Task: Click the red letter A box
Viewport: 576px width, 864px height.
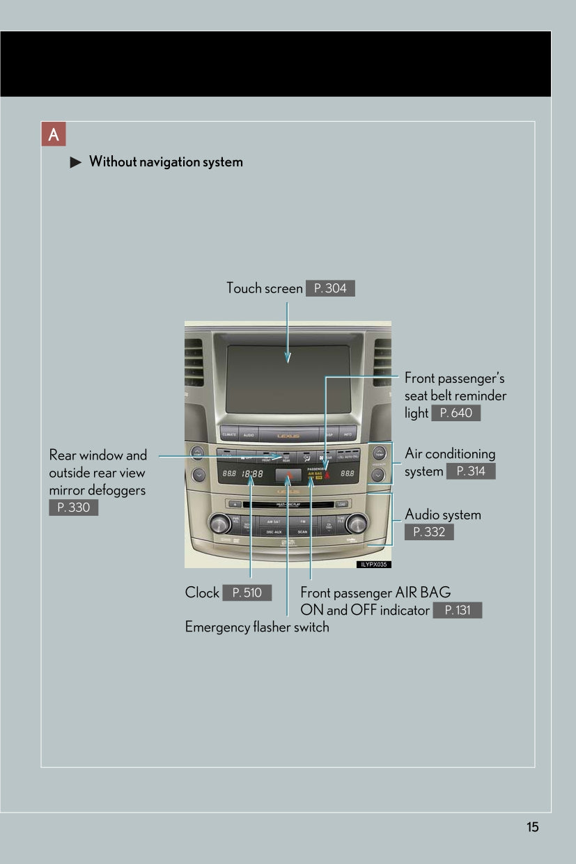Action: click(54, 134)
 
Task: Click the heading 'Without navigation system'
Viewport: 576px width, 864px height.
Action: click(166, 162)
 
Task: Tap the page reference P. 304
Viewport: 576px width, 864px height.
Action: click(330, 288)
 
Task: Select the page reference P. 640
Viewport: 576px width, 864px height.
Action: click(456, 413)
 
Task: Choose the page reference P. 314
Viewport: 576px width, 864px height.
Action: click(471, 471)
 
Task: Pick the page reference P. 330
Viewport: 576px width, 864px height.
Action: click(74, 508)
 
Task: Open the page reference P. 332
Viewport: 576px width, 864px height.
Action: click(429, 533)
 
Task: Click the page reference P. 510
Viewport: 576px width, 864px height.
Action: click(247, 593)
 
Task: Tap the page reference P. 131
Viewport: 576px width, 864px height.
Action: click(457, 611)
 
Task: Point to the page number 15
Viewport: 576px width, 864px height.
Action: click(532, 827)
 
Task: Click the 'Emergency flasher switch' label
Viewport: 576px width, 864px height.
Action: click(257, 627)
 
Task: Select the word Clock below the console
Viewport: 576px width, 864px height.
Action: click(202, 593)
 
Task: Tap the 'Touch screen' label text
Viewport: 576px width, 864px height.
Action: click(265, 288)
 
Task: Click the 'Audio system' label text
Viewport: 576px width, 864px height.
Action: click(443, 515)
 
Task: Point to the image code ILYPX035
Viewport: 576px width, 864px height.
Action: click(374, 565)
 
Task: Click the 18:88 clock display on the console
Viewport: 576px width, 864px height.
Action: click(252, 474)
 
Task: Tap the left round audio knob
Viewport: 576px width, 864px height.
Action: click(220, 522)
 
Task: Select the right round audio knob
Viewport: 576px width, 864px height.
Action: click(356, 522)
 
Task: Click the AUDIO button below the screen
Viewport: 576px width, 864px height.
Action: click(249, 434)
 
